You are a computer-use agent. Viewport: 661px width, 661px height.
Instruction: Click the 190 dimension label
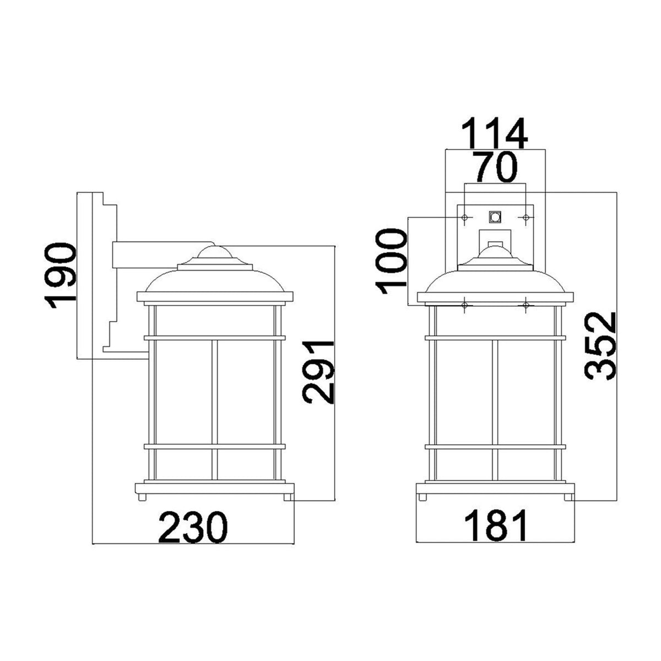click(59, 276)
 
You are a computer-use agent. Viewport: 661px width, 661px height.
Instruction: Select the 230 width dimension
click(193, 527)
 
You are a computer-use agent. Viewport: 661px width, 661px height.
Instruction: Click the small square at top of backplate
click(495, 217)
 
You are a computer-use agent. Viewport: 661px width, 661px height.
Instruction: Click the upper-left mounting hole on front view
click(465, 218)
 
